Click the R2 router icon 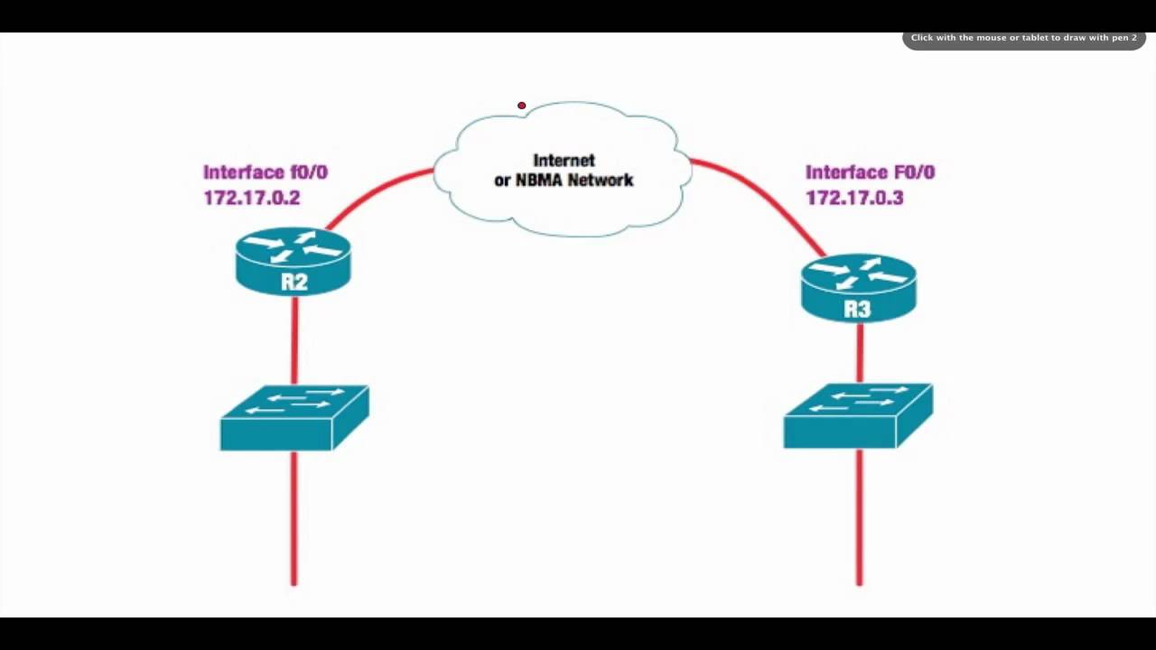(294, 261)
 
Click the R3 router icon (858, 287)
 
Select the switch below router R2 (294, 417)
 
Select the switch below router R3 (858, 415)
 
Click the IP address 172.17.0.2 (252, 198)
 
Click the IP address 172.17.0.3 (854, 198)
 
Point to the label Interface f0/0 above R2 (266, 172)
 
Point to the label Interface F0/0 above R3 (870, 172)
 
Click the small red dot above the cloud (521, 106)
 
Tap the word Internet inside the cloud (564, 160)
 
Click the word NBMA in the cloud (538, 181)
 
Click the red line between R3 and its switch (859, 353)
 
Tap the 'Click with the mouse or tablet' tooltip (1023, 38)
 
